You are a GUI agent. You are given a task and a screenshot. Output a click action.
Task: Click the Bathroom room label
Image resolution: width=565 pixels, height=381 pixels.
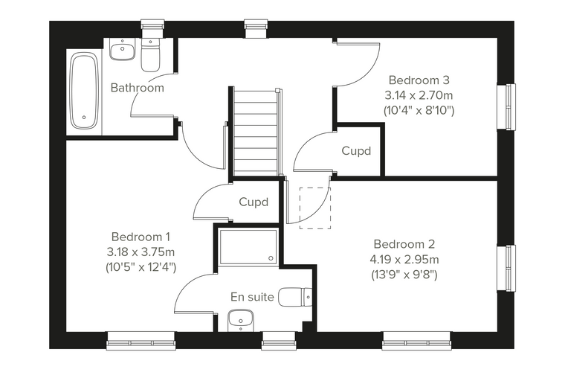click(x=138, y=88)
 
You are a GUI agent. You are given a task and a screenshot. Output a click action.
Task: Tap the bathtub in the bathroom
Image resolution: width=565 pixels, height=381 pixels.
click(x=84, y=91)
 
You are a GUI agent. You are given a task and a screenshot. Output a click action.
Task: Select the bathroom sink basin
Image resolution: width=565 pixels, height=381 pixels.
click(x=123, y=50)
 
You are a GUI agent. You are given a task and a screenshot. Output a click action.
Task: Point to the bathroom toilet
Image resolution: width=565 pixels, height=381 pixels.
click(x=150, y=55)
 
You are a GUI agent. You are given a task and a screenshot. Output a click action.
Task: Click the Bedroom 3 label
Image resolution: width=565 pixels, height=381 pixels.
click(x=419, y=80)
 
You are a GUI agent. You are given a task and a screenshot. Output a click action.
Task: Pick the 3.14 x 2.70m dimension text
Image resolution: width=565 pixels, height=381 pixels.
click(x=419, y=95)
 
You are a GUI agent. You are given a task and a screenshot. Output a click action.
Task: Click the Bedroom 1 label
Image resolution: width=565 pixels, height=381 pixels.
click(x=141, y=237)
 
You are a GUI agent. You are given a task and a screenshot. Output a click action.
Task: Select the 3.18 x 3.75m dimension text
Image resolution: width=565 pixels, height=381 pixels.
click(x=141, y=252)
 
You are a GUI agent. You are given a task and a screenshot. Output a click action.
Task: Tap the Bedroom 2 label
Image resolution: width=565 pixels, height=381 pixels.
click(x=404, y=244)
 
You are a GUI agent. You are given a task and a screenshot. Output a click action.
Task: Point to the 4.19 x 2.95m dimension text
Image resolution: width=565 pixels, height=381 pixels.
click(x=404, y=260)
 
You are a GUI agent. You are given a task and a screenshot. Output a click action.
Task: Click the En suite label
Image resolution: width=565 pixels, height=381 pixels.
click(x=252, y=297)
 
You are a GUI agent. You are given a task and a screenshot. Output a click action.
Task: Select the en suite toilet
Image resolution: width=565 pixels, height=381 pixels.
click(x=295, y=297)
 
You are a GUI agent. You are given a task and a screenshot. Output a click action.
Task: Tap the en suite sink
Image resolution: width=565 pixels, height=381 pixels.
click(x=241, y=320)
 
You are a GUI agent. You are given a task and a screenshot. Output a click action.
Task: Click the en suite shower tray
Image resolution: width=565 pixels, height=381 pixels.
click(x=248, y=246)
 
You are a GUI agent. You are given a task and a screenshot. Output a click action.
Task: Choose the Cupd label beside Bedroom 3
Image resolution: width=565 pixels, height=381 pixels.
click(x=356, y=151)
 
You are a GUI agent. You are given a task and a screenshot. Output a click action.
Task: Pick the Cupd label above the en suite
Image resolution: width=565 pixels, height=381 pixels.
click(x=254, y=202)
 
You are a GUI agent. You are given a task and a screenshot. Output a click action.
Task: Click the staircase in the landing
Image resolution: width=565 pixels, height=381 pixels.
click(x=256, y=132)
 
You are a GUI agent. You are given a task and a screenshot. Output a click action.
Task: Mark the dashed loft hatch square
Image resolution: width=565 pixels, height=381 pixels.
click(x=315, y=208)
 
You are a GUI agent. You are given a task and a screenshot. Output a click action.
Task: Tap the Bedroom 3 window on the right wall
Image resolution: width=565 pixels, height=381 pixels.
click(x=506, y=107)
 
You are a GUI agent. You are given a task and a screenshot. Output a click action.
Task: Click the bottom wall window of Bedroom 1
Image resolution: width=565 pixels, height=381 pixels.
click(x=141, y=341)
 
